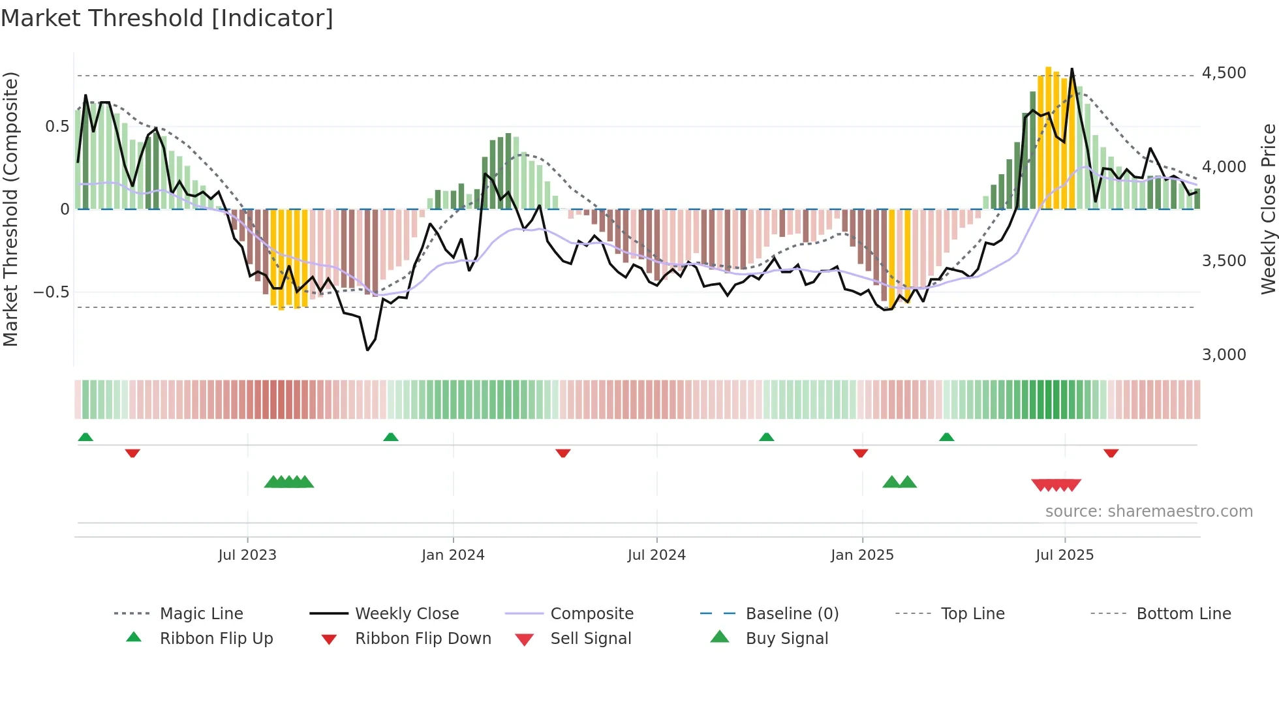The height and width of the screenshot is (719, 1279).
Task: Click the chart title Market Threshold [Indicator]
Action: pos(167,18)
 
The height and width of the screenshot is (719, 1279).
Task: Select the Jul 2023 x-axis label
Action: pos(247,555)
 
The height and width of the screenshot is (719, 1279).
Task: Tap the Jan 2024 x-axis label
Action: pos(453,555)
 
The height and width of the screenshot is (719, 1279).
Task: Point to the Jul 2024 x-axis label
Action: pos(656,555)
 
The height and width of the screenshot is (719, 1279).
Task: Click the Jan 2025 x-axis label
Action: pos(862,555)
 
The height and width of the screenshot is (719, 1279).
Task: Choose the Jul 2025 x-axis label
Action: pos(1064,555)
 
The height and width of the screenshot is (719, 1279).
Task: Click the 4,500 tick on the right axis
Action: pos(1224,73)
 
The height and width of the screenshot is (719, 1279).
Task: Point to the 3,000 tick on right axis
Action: pos(1224,355)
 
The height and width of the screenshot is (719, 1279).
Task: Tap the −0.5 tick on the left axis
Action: pos(51,292)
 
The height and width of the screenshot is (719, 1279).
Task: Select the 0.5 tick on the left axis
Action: pos(57,127)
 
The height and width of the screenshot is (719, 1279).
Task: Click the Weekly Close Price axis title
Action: pos(1268,209)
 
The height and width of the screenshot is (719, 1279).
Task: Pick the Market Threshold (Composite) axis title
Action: pos(10,209)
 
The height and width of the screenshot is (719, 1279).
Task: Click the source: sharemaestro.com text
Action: pos(1148,512)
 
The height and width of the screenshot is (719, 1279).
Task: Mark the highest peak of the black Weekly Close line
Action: pos(1071,69)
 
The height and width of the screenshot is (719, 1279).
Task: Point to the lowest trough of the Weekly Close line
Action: pos(367,350)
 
